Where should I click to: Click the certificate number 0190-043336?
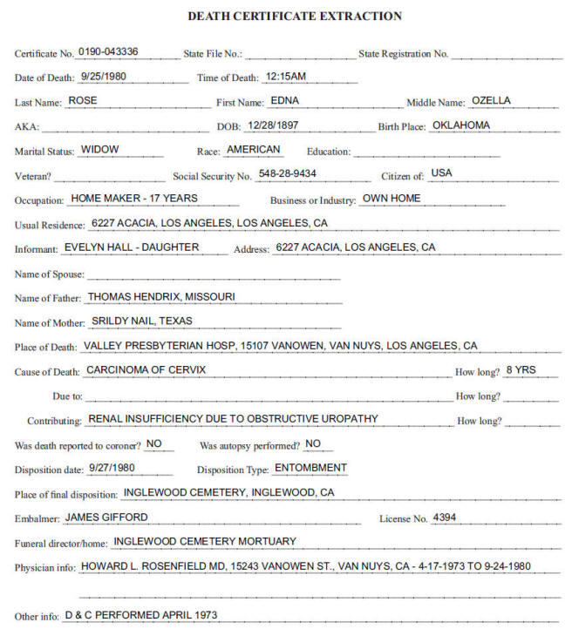[114, 51]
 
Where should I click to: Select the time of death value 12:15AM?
[285, 76]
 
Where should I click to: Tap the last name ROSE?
[83, 100]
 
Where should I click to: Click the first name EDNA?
[285, 100]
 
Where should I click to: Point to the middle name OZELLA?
[491, 100]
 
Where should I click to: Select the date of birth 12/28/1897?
[273, 125]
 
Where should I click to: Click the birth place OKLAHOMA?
[460, 125]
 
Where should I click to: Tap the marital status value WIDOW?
[99, 149]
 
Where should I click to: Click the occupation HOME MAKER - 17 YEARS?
[134, 198]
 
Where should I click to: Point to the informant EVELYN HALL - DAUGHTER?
[132, 247]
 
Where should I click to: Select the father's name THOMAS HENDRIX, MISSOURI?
[161, 296]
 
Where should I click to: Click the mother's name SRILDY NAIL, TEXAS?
[141, 321]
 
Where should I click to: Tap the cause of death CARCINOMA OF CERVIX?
[146, 369]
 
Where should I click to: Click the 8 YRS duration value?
[521, 369]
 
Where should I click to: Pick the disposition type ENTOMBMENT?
[310, 468]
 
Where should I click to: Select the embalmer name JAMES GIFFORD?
[106, 517]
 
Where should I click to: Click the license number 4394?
[444, 517]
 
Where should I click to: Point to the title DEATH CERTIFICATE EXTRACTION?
[295, 17]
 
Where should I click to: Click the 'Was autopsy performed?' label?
[249, 445]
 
